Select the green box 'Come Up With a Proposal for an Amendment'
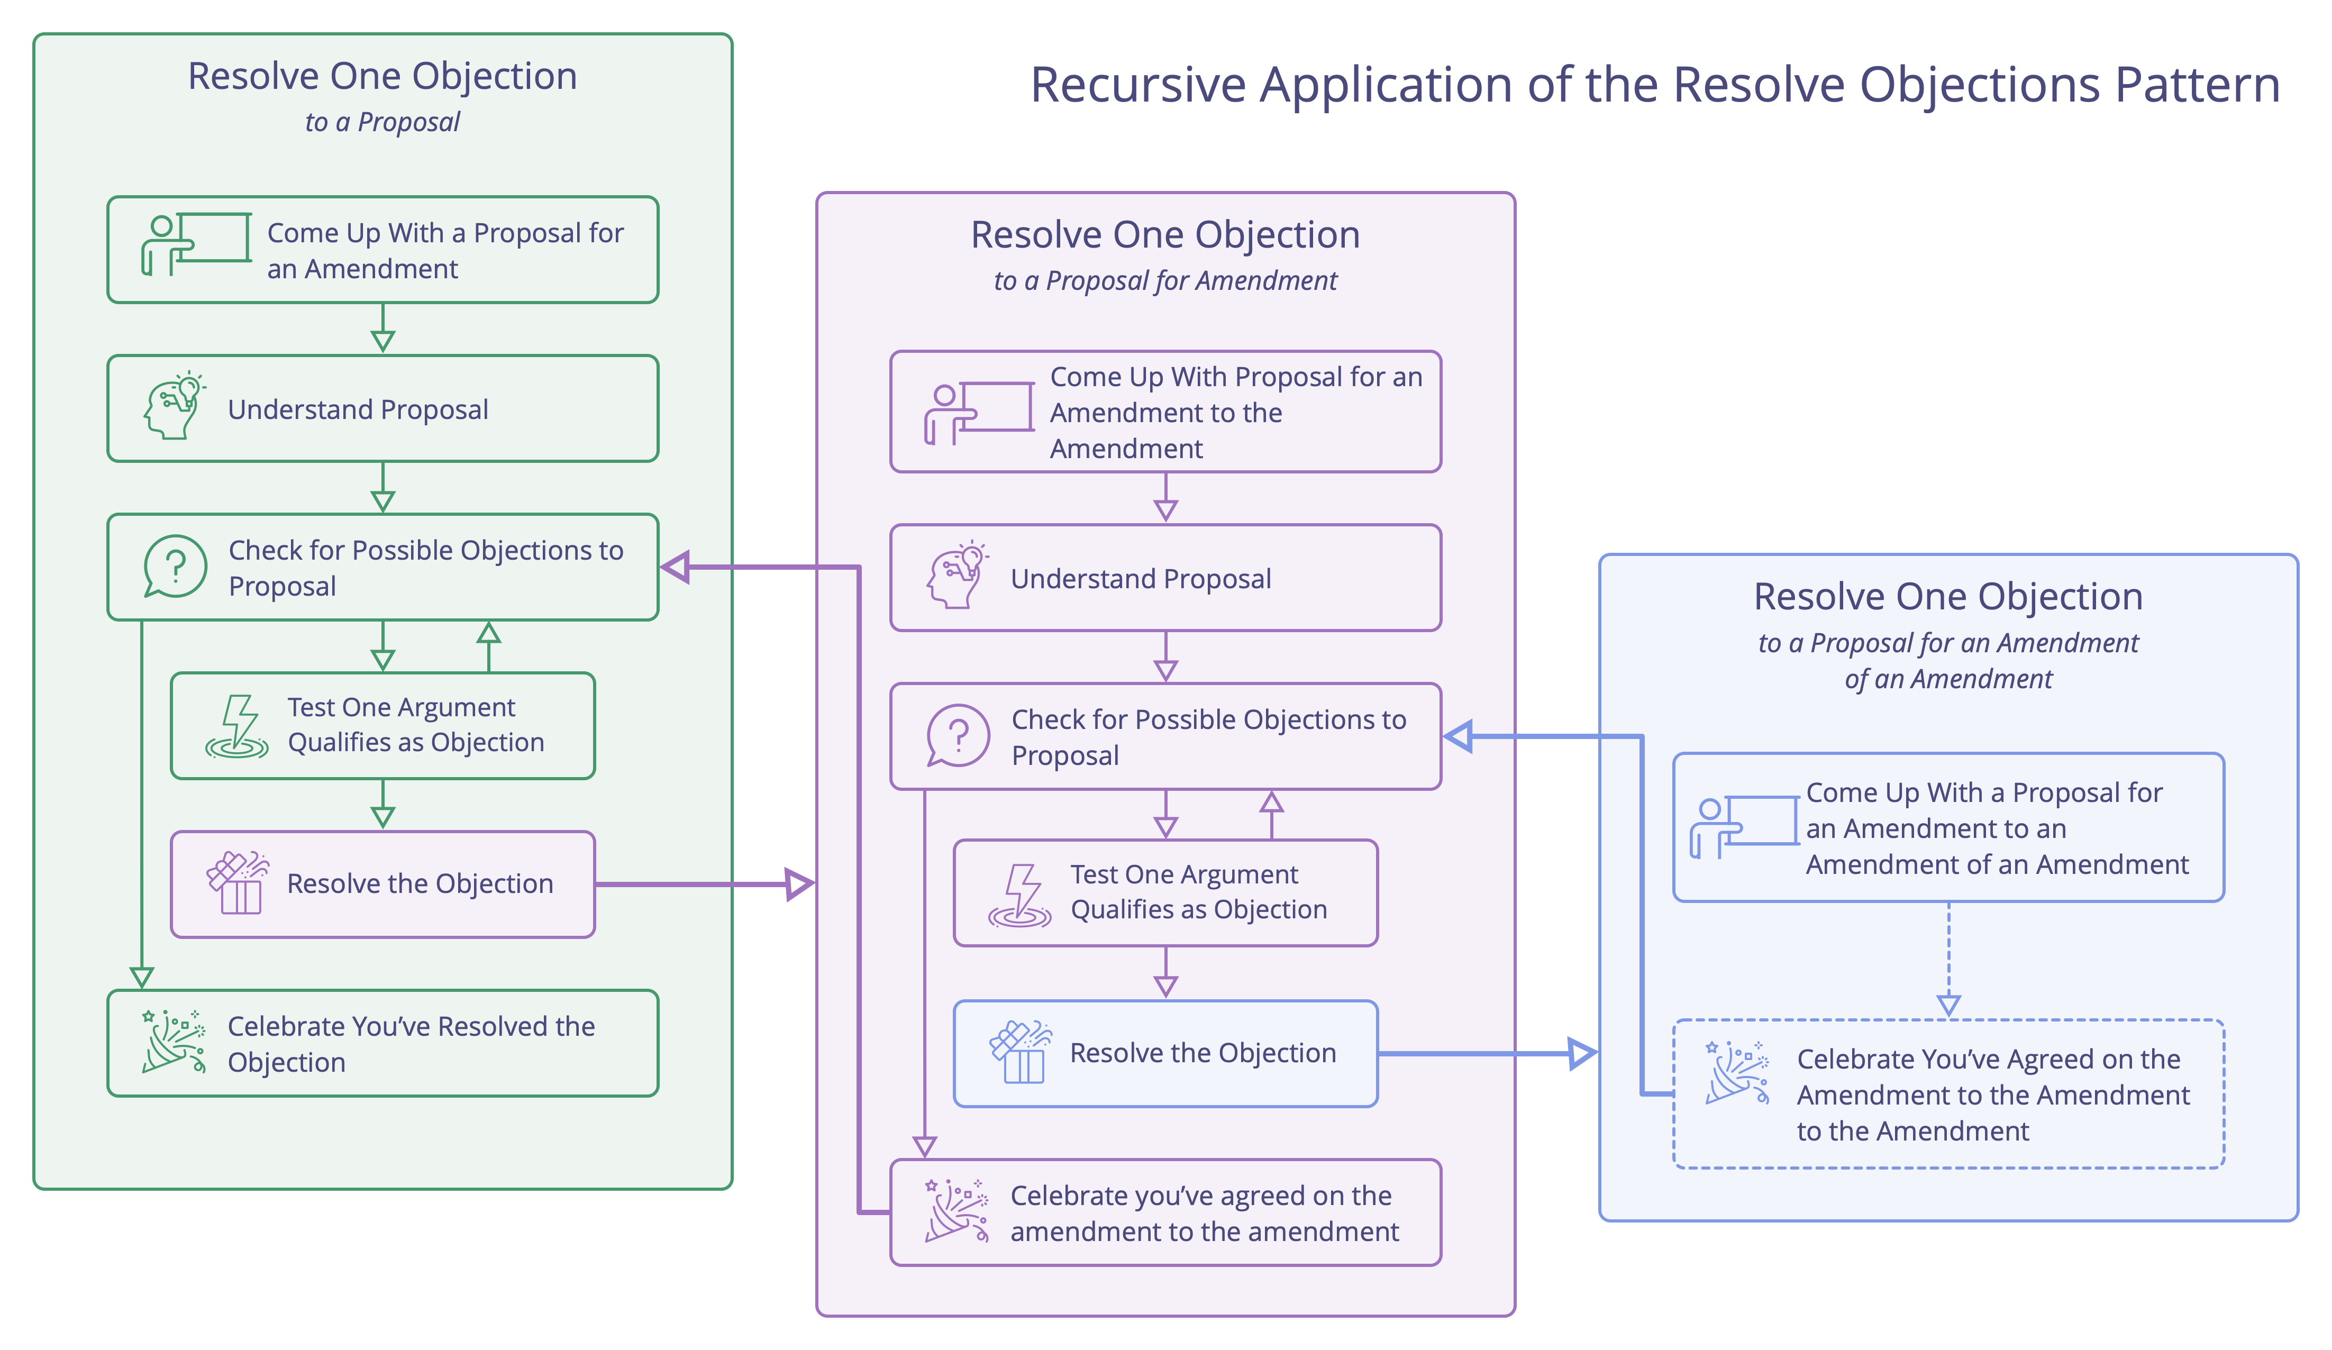(x=382, y=250)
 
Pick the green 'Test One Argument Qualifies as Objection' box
(x=382, y=725)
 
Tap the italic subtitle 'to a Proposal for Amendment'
(x=1164, y=280)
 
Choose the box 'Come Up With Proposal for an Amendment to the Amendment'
(x=1164, y=412)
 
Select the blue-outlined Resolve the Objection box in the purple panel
(x=1164, y=1053)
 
